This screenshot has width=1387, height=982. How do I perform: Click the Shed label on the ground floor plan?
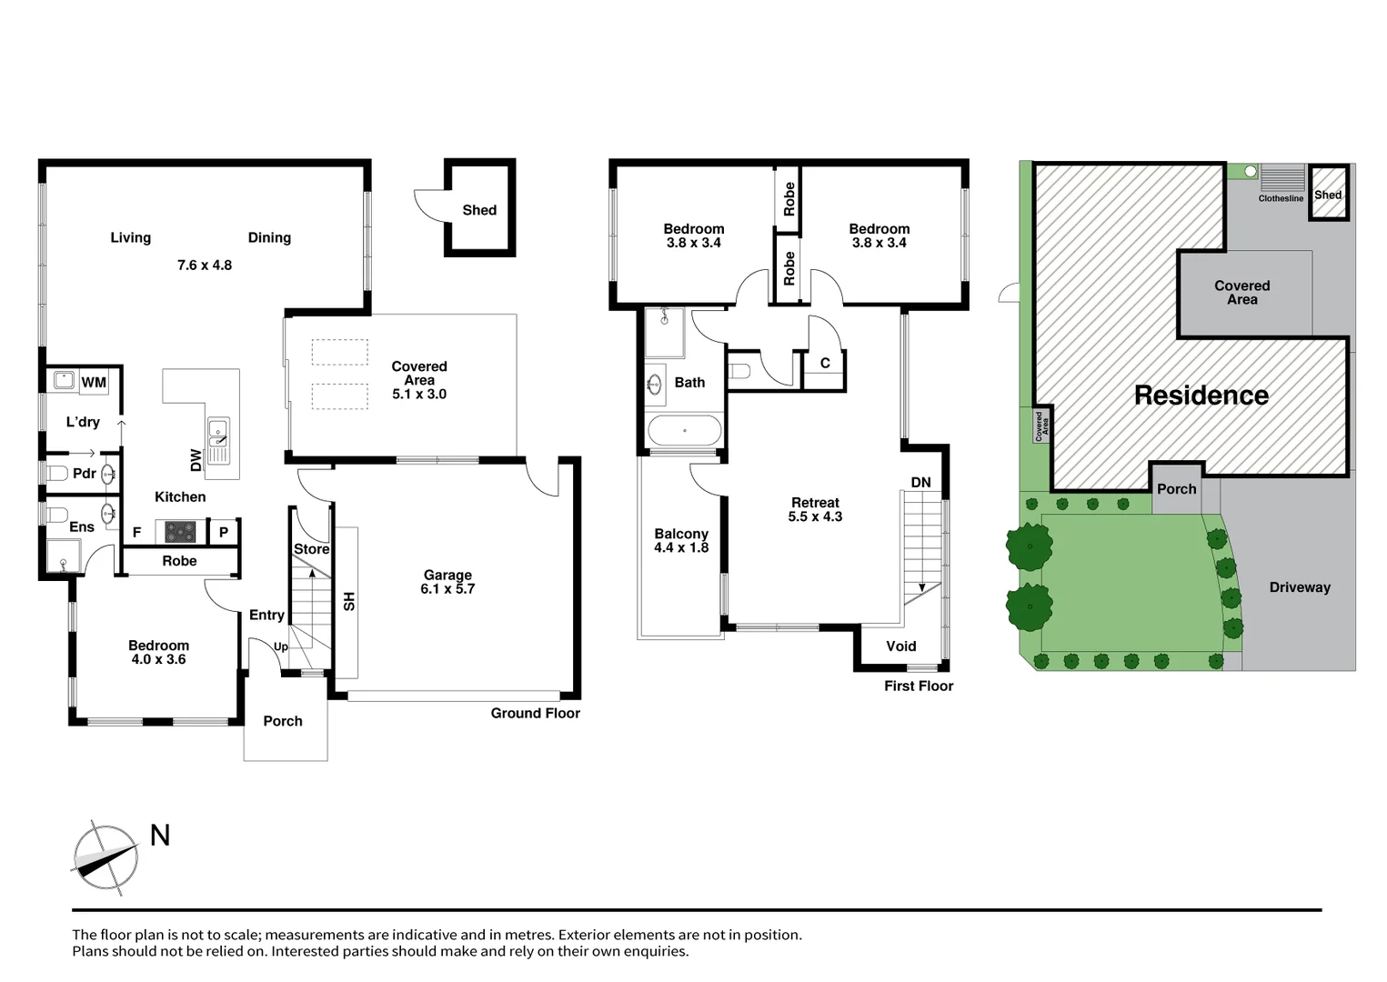point(479,210)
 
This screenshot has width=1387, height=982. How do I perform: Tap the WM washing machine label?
point(93,382)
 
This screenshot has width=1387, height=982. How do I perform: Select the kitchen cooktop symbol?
point(180,531)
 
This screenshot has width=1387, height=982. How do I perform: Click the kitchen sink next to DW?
point(218,438)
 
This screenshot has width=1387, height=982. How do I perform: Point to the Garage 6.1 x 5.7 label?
point(447,582)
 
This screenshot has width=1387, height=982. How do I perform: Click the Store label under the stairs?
point(311,549)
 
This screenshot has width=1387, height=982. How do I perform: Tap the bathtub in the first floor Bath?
point(684,431)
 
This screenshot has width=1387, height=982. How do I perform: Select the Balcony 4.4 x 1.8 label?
point(680,541)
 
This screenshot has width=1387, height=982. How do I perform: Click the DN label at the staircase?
point(920,482)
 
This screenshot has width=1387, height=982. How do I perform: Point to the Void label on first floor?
point(900,646)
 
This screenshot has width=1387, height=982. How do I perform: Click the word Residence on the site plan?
point(1201,396)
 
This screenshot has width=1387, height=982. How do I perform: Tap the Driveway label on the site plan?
point(1299,587)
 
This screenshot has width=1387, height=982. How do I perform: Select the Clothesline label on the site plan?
point(1281,198)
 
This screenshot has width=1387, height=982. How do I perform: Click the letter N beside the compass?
point(160,836)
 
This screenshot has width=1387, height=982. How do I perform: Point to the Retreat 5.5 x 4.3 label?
point(815,509)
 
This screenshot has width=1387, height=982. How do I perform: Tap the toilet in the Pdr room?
point(57,474)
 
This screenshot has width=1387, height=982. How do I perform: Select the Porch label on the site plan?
point(1176,489)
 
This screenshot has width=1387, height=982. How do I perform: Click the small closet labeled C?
point(825,364)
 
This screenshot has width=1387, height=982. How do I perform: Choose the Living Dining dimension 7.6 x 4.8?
point(205,266)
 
